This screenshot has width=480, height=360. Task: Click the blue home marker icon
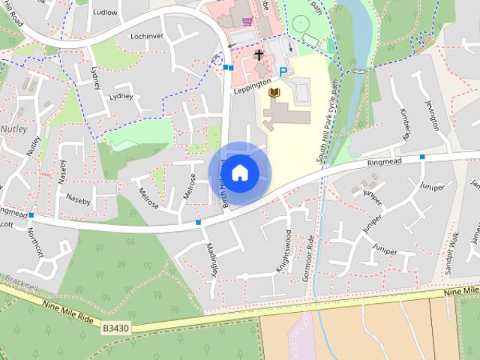[239, 172]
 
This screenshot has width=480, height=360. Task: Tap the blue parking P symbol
[283, 72]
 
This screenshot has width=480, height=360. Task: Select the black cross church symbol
[259, 55]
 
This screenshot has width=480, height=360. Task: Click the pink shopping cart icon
[247, 21]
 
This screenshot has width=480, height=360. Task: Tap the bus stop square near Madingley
[198, 222]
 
